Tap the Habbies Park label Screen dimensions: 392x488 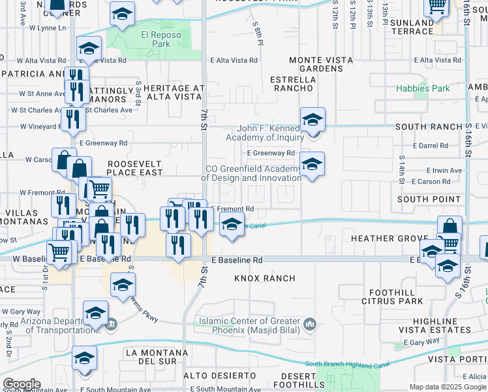423,88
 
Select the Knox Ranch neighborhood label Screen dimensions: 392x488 265,278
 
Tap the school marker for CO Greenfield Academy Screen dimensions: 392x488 312,163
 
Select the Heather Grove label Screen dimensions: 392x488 389,238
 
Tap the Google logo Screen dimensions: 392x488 21,384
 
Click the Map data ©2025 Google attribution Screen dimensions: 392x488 448,387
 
